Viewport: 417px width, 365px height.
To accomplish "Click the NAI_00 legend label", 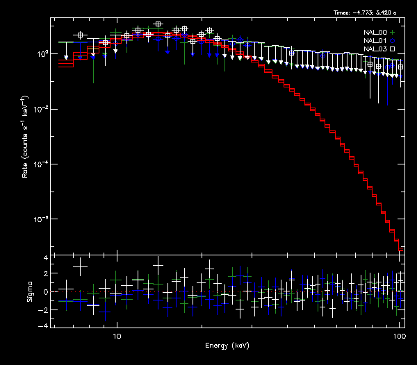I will coord(375,32).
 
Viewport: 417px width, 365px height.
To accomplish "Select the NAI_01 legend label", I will coord(375,41).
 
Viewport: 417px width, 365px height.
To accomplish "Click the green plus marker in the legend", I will coord(392,32).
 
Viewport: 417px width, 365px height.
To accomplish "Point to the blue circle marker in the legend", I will coord(392,41).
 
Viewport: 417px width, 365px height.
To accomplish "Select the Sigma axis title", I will coord(30,291).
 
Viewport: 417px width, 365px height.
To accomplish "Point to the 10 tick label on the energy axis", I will coord(117,334).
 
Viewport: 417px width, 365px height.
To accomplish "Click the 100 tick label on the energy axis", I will coord(399,334).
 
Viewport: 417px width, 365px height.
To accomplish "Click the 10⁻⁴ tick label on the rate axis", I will coord(43,164).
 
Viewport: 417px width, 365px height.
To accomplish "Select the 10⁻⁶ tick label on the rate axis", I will coord(43,219).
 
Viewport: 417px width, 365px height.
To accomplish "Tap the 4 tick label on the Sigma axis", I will coord(46,258).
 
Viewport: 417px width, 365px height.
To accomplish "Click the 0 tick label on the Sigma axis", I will coord(46,291).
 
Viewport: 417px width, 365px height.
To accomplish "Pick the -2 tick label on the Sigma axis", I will coord(44,309).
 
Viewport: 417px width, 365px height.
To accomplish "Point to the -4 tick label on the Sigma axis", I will coord(44,325).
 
